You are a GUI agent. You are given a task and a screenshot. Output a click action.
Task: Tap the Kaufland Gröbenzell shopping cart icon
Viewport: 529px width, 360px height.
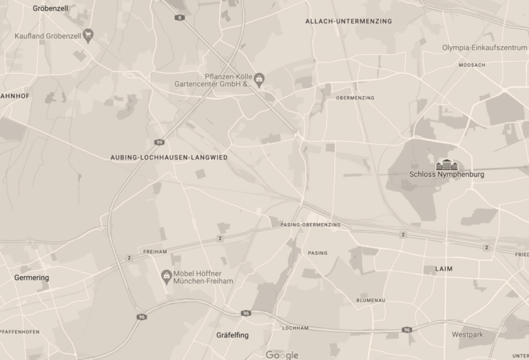click(88, 36)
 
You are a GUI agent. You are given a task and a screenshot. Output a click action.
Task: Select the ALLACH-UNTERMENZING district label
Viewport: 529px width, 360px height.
click(349, 21)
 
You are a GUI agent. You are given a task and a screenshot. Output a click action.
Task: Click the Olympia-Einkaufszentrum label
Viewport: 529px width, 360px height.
click(484, 48)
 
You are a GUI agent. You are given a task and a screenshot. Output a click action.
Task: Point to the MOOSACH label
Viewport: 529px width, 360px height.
click(472, 65)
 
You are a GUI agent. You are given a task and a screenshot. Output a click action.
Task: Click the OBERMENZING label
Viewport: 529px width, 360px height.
click(355, 98)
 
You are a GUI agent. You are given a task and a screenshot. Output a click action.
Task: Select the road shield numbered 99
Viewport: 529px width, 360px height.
click(159, 142)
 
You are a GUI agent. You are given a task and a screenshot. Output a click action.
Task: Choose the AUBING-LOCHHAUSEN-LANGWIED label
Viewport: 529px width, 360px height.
click(169, 158)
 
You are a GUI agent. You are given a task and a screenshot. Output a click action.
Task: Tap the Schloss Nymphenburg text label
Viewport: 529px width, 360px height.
click(446, 175)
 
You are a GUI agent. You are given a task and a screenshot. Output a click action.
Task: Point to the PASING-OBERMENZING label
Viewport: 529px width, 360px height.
click(311, 225)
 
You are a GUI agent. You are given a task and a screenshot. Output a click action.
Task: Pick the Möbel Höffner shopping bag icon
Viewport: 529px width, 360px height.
click(166, 277)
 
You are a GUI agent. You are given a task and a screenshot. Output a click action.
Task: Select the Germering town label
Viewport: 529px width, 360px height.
click(32, 277)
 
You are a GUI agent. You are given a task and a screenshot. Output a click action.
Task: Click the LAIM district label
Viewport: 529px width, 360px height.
click(444, 268)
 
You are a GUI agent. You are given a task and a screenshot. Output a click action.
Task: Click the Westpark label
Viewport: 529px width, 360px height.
click(468, 335)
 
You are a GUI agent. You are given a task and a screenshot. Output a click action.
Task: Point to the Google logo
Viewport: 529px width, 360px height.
click(282, 354)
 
